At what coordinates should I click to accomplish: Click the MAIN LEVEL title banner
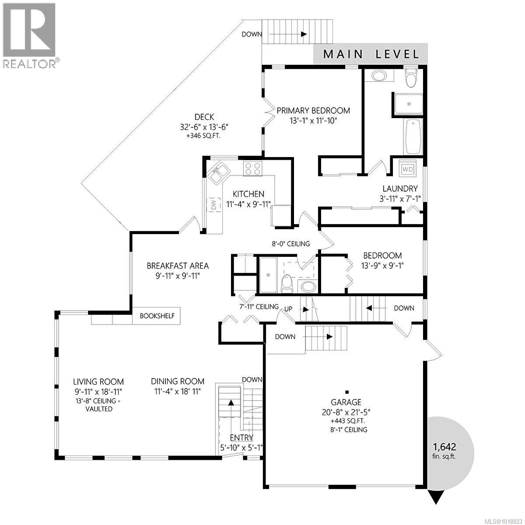(371, 54)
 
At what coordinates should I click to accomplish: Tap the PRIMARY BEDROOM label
(313, 111)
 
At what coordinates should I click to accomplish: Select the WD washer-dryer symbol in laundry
(407, 169)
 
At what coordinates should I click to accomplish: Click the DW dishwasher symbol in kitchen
(214, 204)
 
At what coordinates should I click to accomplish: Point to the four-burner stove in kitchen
(253, 169)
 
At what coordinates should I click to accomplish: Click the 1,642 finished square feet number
(444, 447)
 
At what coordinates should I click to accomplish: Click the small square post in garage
(346, 392)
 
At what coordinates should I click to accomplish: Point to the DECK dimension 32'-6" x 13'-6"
(204, 127)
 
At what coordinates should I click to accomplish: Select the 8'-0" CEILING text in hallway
(291, 244)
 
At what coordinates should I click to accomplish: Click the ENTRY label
(241, 438)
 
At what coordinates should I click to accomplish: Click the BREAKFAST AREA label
(177, 266)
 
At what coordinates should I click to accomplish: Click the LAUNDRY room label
(400, 189)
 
